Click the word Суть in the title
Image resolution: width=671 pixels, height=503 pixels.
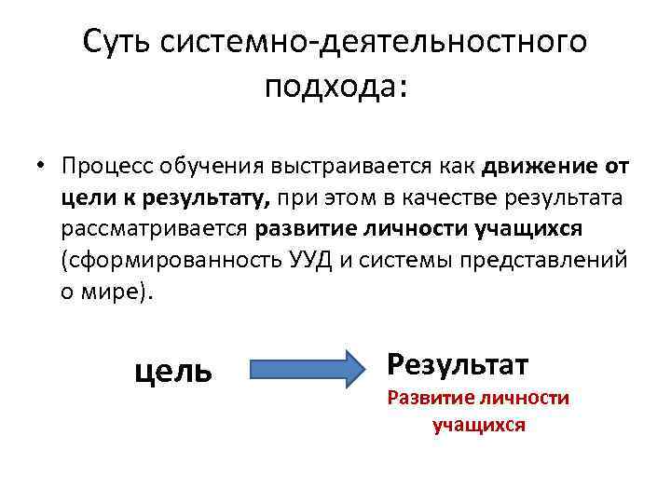tap(118, 43)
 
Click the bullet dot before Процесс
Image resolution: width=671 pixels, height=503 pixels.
tap(42, 168)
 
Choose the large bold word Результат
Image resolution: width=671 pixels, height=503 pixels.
tap(457, 361)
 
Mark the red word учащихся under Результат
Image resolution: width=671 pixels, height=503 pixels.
tap(479, 425)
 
